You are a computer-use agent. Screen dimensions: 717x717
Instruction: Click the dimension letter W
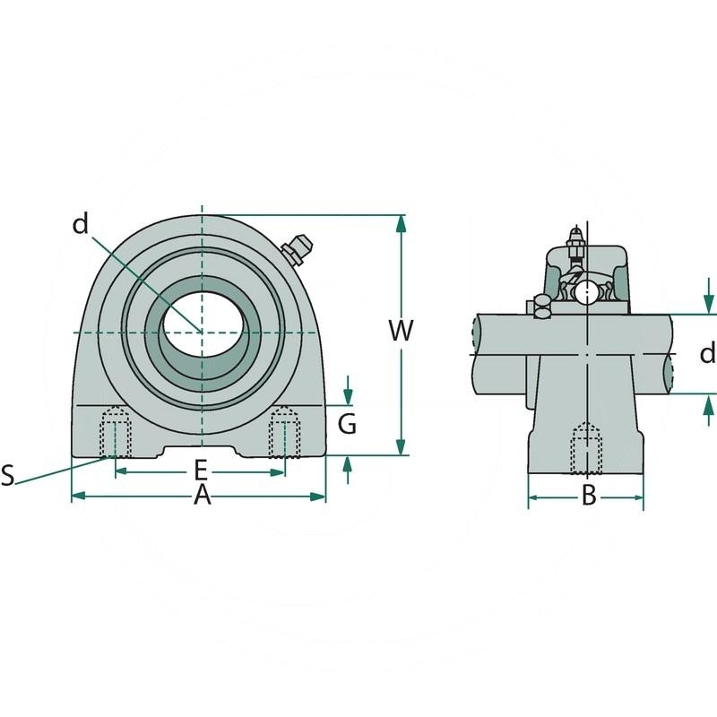pyautogui.click(x=401, y=331)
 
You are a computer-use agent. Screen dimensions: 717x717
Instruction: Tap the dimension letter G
pyautogui.click(x=347, y=423)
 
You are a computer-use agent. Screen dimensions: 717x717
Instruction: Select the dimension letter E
pyautogui.click(x=201, y=469)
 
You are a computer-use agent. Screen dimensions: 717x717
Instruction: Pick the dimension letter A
pyautogui.click(x=203, y=496)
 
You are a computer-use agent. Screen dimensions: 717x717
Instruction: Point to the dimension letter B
pyautogui.click(x=589, y=495)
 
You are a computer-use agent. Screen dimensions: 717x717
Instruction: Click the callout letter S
pyautogui.click(x=8, y=475)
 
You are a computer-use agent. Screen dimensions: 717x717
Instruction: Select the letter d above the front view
pyautogui.click(x=81, y=224)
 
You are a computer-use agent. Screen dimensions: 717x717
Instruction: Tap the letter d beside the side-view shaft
pyautogui.click(x=707, y=353)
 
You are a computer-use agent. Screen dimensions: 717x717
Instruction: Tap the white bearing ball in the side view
pyautogui.click(x=587, y=291)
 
